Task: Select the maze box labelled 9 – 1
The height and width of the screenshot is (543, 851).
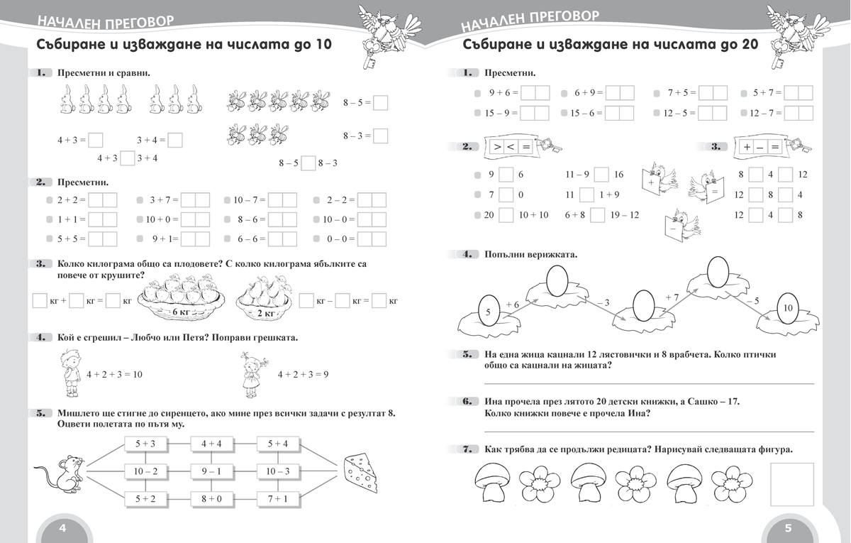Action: pyautogui.click(x=211, y=471)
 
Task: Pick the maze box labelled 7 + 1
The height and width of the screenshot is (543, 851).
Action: pyautogui.click(x=278, y=498)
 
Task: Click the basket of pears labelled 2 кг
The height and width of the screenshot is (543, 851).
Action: pyautogui.click(x=265, y=298)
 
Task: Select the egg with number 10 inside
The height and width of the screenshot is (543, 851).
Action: pyautogui.click(x=788, y=307)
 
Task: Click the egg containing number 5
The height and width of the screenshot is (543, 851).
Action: pyautogui.click(x=487, y=311)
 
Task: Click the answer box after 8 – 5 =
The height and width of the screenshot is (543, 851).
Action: pyautogui.click(x=380, y=103)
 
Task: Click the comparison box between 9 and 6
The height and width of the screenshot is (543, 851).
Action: pyautogui.click(x=506, y=175)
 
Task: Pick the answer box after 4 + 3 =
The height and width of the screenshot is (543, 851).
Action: pyautogui.click(x=96, y=140)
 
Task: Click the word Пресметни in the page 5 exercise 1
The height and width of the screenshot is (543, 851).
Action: pyautogui.click(x=510, y=73)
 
